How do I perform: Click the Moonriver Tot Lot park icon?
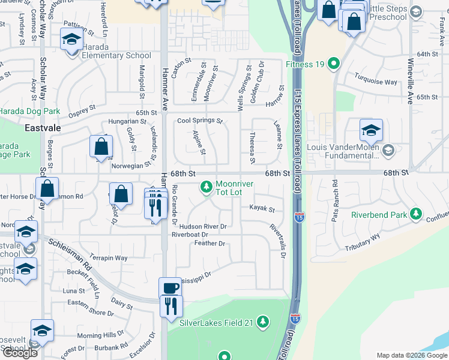pos(206,188)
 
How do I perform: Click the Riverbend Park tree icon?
pos(415,214)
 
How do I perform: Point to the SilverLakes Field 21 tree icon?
pos(262,322)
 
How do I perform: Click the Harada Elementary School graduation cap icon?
pos(71,40)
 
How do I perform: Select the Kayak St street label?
pos(262,209)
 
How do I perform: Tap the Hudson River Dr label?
pos(199,227)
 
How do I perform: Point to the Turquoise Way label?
pos(375,82)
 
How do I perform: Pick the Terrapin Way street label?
pos(109,258)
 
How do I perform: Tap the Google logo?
pos(20,353)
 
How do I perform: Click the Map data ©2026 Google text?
pos(411,355)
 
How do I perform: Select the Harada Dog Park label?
pos(30,111)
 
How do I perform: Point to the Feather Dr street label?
pos(209,243)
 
